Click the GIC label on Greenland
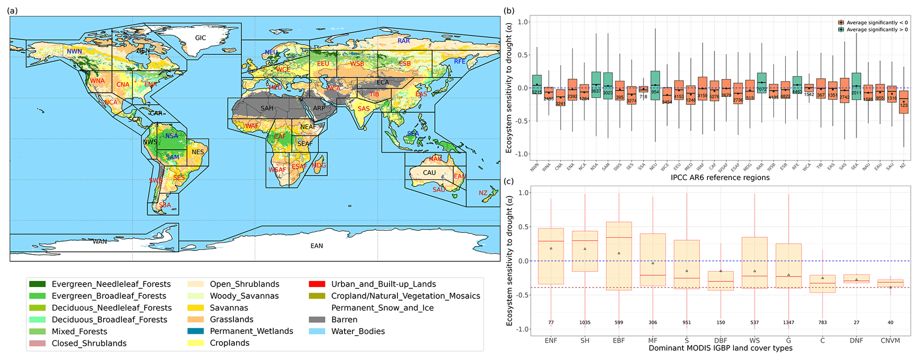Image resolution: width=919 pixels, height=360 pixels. click(x=201, y=38)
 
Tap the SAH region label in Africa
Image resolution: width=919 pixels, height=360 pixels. click(x=267, y=108)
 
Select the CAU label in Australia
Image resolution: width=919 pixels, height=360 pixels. click(x=429, y=172)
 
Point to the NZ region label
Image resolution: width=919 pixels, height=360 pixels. click(x=483, y=193)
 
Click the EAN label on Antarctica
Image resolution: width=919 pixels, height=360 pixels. click(x=317, y=246)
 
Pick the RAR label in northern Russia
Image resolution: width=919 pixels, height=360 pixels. click(x=404, y=41)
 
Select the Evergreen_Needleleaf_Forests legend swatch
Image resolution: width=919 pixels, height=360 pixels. click(x=37, y=284)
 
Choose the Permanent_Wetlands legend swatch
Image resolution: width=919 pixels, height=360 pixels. click(x=195, y=331)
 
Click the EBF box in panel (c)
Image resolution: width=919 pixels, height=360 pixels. click(x=618, y=256)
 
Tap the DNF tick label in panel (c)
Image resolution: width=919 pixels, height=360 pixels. click(x=856, y=340)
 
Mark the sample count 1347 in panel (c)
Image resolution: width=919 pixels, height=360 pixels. click(x=788, y=322)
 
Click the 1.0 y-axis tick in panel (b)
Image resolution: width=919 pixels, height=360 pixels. click(x=523, y=22)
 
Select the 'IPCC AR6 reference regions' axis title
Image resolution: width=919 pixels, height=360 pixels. click(x=720, y=178)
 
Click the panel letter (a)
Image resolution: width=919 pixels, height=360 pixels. click(x=12, y=10)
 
